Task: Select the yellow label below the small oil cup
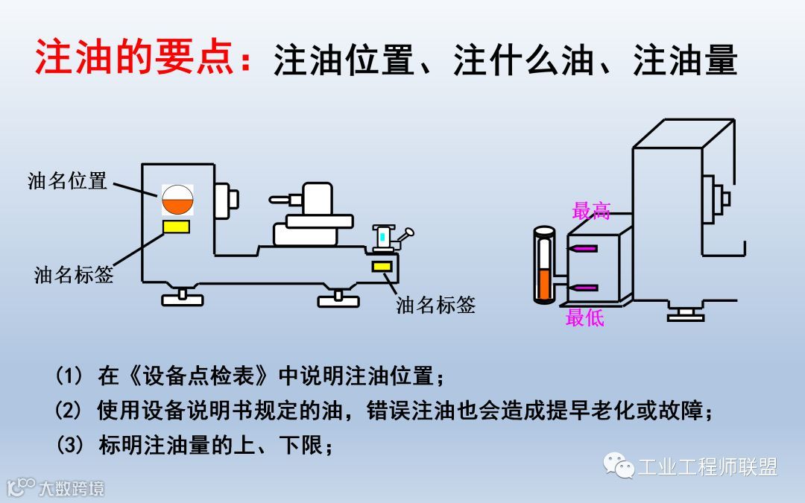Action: coord(382,266)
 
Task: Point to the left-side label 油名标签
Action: coord(74,274)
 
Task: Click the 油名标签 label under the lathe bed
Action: coord(435,305)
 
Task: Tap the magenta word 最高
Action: coord(591,211)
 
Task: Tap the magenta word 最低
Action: coord(584,318)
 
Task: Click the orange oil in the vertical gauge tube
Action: coord(544,285)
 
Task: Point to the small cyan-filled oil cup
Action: coord(382,236)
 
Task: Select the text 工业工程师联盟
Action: coord(707,467)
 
